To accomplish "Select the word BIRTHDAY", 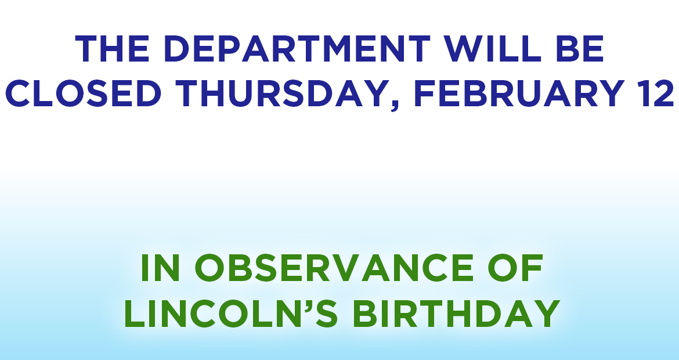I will [456, 314].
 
